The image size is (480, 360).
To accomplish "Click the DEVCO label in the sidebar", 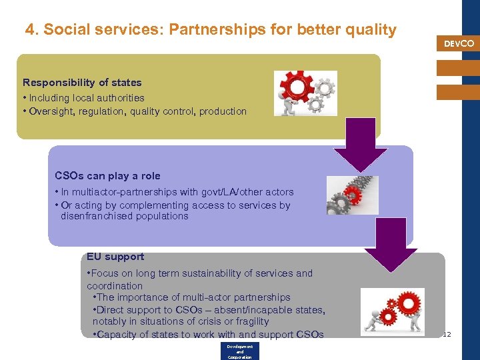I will click(x=459, y=43).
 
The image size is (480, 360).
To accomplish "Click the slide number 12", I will click(x=447, y=334).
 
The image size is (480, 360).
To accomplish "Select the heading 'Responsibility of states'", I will click(x=82, y=83).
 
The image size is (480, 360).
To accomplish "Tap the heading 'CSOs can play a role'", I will click(x=107, y=176).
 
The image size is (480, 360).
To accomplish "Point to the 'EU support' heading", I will click(x=115, y=257).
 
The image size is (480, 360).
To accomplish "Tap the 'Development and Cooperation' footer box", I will click(x=239, y=351).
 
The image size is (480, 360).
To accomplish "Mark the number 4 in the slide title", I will click(x=30, y=30).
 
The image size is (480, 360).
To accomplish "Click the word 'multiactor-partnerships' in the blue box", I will click(x=118, y=192).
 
